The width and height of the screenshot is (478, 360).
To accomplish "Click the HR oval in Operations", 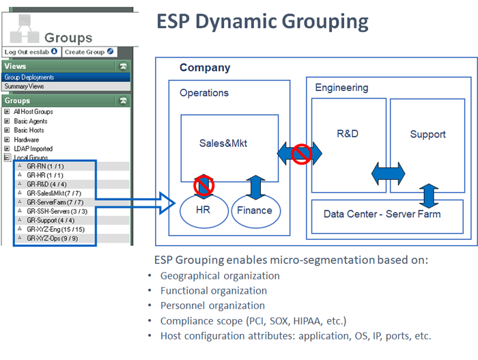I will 203,210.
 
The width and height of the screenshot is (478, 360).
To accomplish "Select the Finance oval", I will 254,210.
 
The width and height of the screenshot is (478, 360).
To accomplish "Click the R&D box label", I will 348,134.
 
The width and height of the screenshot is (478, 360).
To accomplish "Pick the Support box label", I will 427,135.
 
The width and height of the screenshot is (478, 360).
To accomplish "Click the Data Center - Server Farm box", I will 382,214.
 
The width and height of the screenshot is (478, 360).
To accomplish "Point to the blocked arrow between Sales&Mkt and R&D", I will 300,154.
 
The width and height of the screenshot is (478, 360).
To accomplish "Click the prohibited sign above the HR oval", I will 203,185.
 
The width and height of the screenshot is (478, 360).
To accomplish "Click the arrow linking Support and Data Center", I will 428,195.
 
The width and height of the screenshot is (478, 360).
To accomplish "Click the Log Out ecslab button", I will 31,52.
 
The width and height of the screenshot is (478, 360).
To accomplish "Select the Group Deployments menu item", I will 29,77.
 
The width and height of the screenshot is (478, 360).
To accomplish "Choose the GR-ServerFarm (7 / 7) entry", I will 55,203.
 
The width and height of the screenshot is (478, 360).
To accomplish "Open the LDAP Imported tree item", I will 33,148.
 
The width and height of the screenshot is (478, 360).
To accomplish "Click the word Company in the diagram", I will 205,68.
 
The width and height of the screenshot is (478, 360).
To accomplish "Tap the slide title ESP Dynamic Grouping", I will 263,21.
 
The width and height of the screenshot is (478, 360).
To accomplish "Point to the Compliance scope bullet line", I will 253,320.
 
